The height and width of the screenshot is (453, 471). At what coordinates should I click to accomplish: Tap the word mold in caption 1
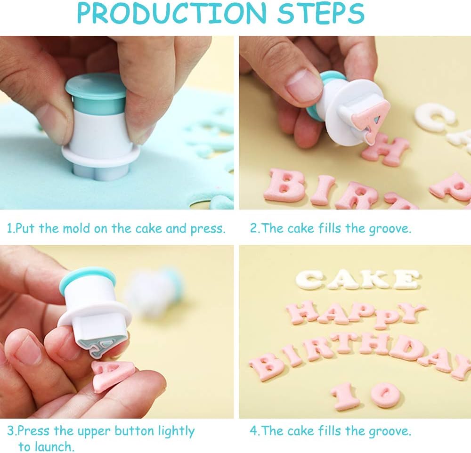[x=76, y=228]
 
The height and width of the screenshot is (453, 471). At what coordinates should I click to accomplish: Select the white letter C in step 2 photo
[x=434, y=117]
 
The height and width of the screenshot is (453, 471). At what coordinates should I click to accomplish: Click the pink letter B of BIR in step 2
[x=285, y=185]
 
